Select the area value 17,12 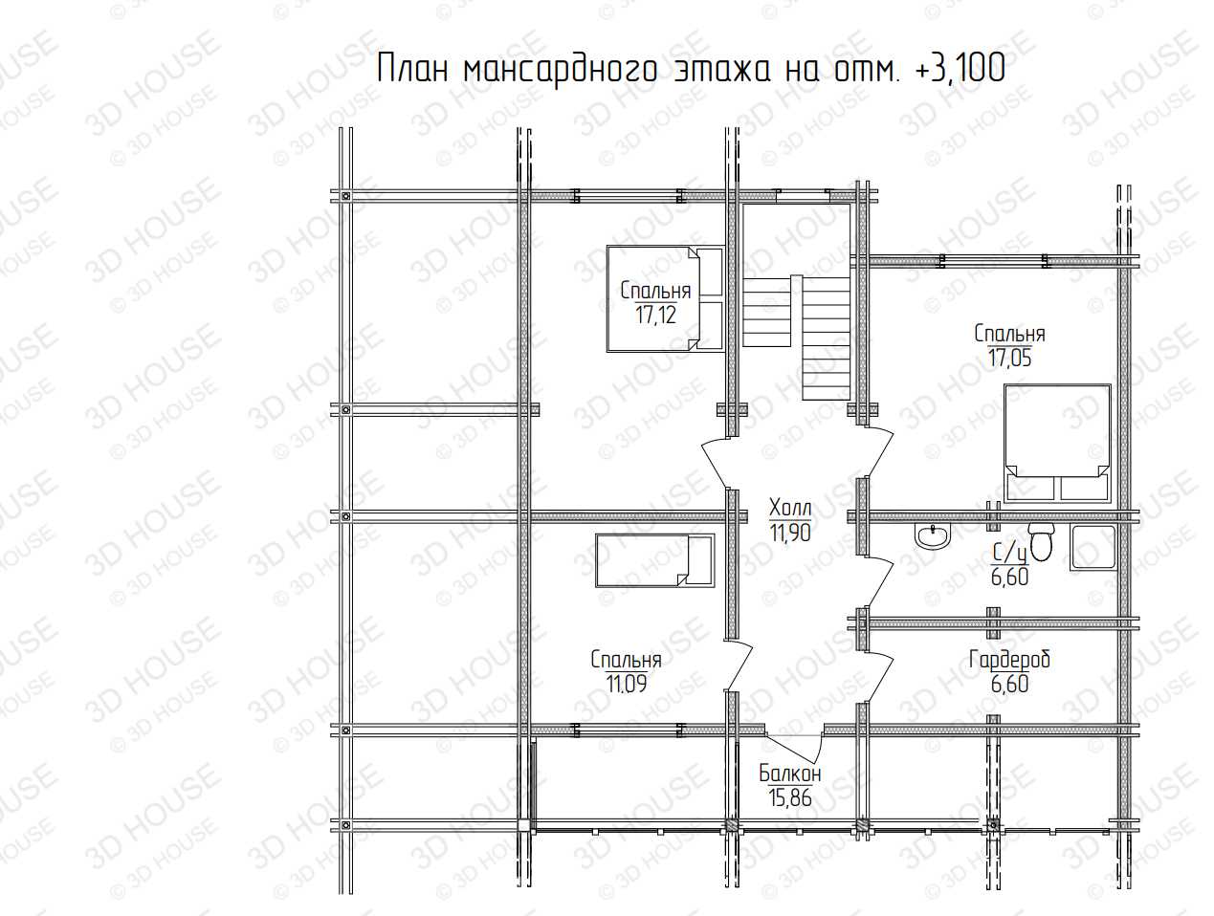tap(655, 316)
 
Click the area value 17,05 tap(1009, 359)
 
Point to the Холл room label tap(790, 508)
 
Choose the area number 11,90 tap(790, 533)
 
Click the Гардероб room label tap(1009, 660)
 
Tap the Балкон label tap(790, 774)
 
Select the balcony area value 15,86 tap(790, 798)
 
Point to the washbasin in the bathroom tap(933, 535)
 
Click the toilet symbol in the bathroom tap(1041, 542)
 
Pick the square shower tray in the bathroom tap(1093, 547)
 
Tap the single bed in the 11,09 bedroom tap(655, 560)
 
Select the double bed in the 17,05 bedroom tap(1057, 444)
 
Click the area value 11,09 tap(626, 685)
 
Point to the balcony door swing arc tap(794, 748)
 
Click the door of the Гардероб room tap(878, 679)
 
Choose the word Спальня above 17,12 tap(655, 291)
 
